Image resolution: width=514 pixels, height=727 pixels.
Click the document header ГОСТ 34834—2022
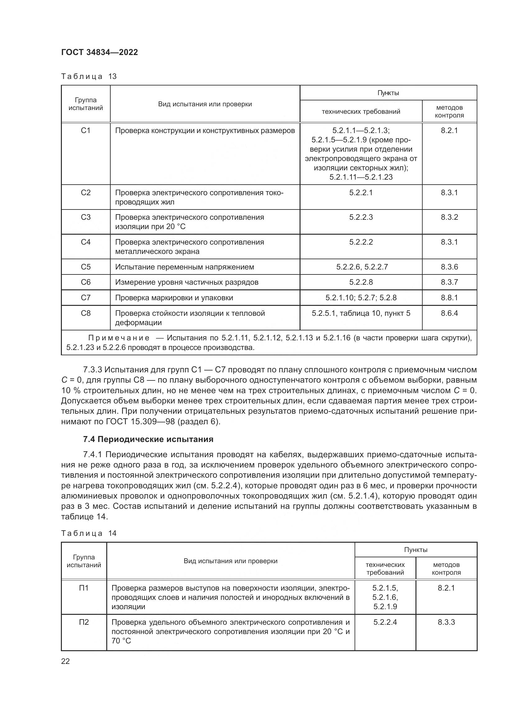[99, 53]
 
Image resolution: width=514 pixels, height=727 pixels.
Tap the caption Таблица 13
[89, 77]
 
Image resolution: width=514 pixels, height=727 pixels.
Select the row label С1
[85, 131]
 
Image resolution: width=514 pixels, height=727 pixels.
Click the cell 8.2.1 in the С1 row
[449, 131]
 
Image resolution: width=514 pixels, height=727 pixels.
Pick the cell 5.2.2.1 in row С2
[361, 192]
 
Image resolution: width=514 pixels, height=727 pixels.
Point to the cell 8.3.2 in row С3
[449, 217]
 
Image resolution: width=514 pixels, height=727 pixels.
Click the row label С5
[85, 267]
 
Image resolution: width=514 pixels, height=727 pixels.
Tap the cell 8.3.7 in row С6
[449, 282]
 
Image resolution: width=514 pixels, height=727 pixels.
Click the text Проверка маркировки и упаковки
[174, 298]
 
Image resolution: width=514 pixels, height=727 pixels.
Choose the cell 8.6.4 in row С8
[449, 313]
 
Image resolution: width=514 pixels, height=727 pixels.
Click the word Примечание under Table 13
[119, 338]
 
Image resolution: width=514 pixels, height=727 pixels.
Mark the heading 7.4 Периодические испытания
[148, 439]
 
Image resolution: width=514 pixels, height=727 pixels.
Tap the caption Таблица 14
[89, 534]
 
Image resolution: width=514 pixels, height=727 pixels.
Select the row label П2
[84, 623]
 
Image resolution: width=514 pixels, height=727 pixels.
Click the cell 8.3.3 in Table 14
[446, 623]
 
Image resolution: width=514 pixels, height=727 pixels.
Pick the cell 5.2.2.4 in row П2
[385, 623]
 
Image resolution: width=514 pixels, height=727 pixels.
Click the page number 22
[66, 661]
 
